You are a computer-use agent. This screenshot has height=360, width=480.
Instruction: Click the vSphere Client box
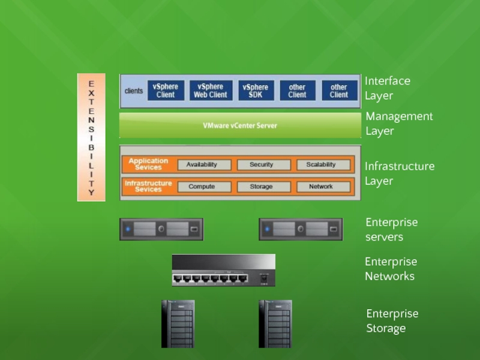click(x=165, y=91)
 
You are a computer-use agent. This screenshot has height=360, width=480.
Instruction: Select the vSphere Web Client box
click(x=211, y=91)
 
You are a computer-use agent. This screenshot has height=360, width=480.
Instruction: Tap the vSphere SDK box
click(x=256, y=91)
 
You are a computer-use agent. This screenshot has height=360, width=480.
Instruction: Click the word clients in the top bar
click(x=134, y=91)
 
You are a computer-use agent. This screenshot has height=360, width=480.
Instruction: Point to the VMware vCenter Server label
click(x=239, y=126)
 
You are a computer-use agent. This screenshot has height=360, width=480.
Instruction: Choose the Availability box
click(x=201, y=164)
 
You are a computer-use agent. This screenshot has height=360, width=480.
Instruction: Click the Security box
click(x=261, y=164)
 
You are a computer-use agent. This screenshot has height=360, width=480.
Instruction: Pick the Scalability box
click(x=321, y=164)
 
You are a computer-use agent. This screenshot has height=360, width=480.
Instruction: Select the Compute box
click(x=201, y=187)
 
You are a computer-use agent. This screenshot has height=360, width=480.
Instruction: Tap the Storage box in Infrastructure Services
click(x=261, y=187)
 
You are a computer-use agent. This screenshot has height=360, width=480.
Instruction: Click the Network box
click(x=321, y=187)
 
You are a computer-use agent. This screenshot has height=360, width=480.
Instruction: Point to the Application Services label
click(x=148, y=164)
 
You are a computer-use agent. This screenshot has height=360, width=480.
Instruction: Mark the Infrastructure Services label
click(x=148, y=187)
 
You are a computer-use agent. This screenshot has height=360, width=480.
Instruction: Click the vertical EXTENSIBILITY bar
click(x=91, y=137)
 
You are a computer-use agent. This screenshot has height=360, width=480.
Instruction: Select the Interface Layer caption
click(x=387, y=88)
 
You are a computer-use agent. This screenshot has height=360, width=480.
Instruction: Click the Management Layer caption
click(x=399, y=123)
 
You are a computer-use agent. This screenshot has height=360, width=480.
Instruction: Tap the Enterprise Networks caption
click(x=391, y=269)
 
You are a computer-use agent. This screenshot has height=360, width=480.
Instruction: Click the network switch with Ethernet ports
click(x=223, y=270)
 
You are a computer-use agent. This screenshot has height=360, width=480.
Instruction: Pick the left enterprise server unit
click(x=161, y=229)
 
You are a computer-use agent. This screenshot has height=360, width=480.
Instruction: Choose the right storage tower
click(x=275, y=324)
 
